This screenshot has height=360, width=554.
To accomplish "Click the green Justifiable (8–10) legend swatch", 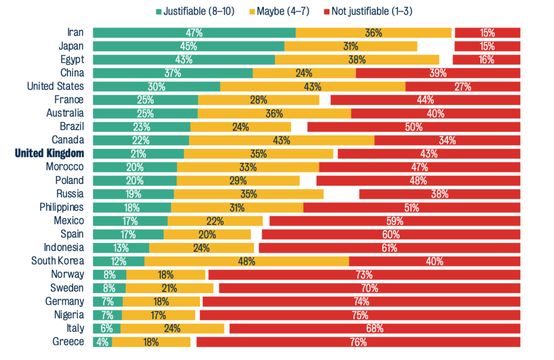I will point(159,11).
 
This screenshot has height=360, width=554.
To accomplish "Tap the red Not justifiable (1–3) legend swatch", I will point(327,11).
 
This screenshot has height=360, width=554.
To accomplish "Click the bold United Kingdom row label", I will point(50,154).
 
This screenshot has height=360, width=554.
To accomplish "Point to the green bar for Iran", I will point(194,32).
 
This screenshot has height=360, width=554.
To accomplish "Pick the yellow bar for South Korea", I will point(247,261).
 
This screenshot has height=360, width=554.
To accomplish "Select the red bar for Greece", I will point(358,342).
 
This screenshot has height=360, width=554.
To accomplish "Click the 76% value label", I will point(358,342).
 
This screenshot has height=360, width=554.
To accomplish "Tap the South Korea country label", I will point(58,261).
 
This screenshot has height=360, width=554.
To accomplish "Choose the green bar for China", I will point(173,73).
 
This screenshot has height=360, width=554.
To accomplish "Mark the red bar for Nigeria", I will point(360,315).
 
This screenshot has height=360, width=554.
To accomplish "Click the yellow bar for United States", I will point(313,87).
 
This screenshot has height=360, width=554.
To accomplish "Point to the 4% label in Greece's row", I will point(102,342).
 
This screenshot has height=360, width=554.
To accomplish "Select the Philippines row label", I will point(62,207).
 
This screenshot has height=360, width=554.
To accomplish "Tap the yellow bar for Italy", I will point(172,329).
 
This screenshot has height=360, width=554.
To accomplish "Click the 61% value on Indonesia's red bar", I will point(389,248).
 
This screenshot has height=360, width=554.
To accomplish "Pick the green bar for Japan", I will point(188,46).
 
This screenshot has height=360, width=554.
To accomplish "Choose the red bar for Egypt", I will point(486,60).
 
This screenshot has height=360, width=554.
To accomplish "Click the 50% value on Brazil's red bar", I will point(413,127).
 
